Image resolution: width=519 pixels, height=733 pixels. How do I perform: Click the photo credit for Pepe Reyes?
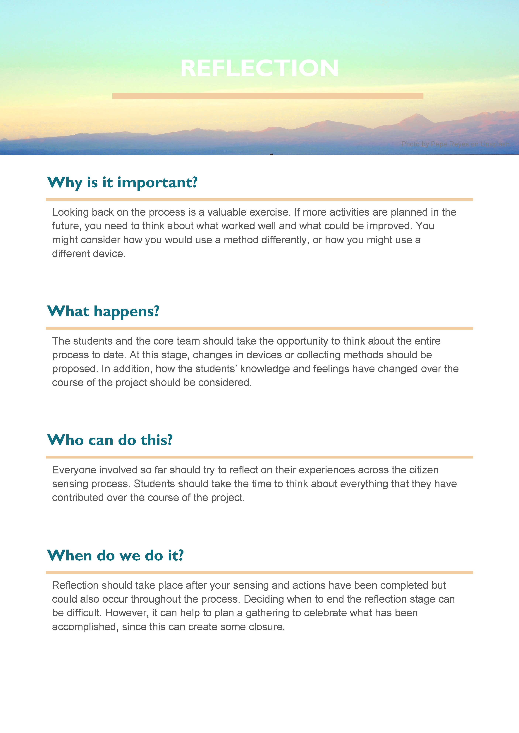pyautogui.click(x=455, y=144)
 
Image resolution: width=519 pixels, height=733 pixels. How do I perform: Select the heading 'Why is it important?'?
pyautogui.click(x=122, y=183)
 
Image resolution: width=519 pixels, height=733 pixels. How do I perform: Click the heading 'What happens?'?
pyautogui.click(x=103, y=311)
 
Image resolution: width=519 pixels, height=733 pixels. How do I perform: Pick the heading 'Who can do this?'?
pyautogui.click(x=110, y=440)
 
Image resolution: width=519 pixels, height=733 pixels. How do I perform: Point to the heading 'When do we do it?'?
pyautogui.click(x=115, y=555)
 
